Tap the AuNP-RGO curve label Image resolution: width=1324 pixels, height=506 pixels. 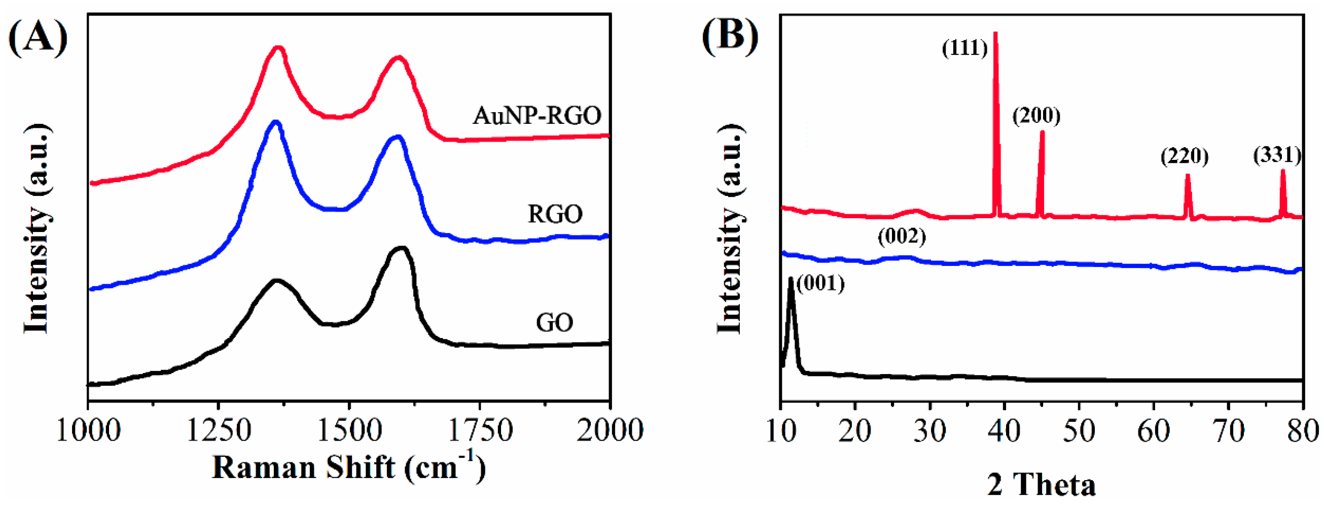pos(537,116)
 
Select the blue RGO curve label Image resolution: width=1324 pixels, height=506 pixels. pos(555,214)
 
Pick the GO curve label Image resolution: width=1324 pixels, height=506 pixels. pos(554,323)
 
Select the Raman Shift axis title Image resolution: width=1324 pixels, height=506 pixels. pos(349,467)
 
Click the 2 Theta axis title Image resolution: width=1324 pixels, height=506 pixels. pos(1042,484)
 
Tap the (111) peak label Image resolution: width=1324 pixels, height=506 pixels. pos(965,48)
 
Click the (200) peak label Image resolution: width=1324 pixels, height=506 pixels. pos(1036,116)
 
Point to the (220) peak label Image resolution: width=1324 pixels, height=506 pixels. pos(1184,156)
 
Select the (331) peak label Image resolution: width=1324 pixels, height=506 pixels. pos(1277,155)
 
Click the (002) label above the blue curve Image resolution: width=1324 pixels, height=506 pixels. pos(902,237)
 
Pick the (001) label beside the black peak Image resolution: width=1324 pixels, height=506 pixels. pos(821,284)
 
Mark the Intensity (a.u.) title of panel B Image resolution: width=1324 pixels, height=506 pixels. pos(730,230)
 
